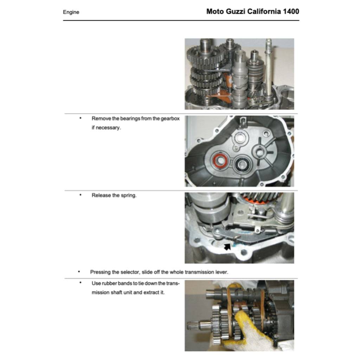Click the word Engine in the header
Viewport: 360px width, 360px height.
[71, 12]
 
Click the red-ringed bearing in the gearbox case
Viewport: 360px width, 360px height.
[220, 161]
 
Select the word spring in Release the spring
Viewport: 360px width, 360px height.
[128, 195]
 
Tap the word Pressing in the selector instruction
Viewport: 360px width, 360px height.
[101, 272]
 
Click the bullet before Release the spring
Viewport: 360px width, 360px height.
[81, 194]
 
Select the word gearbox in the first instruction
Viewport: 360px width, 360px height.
[171, 118]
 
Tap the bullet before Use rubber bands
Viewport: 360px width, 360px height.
[81, 283]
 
